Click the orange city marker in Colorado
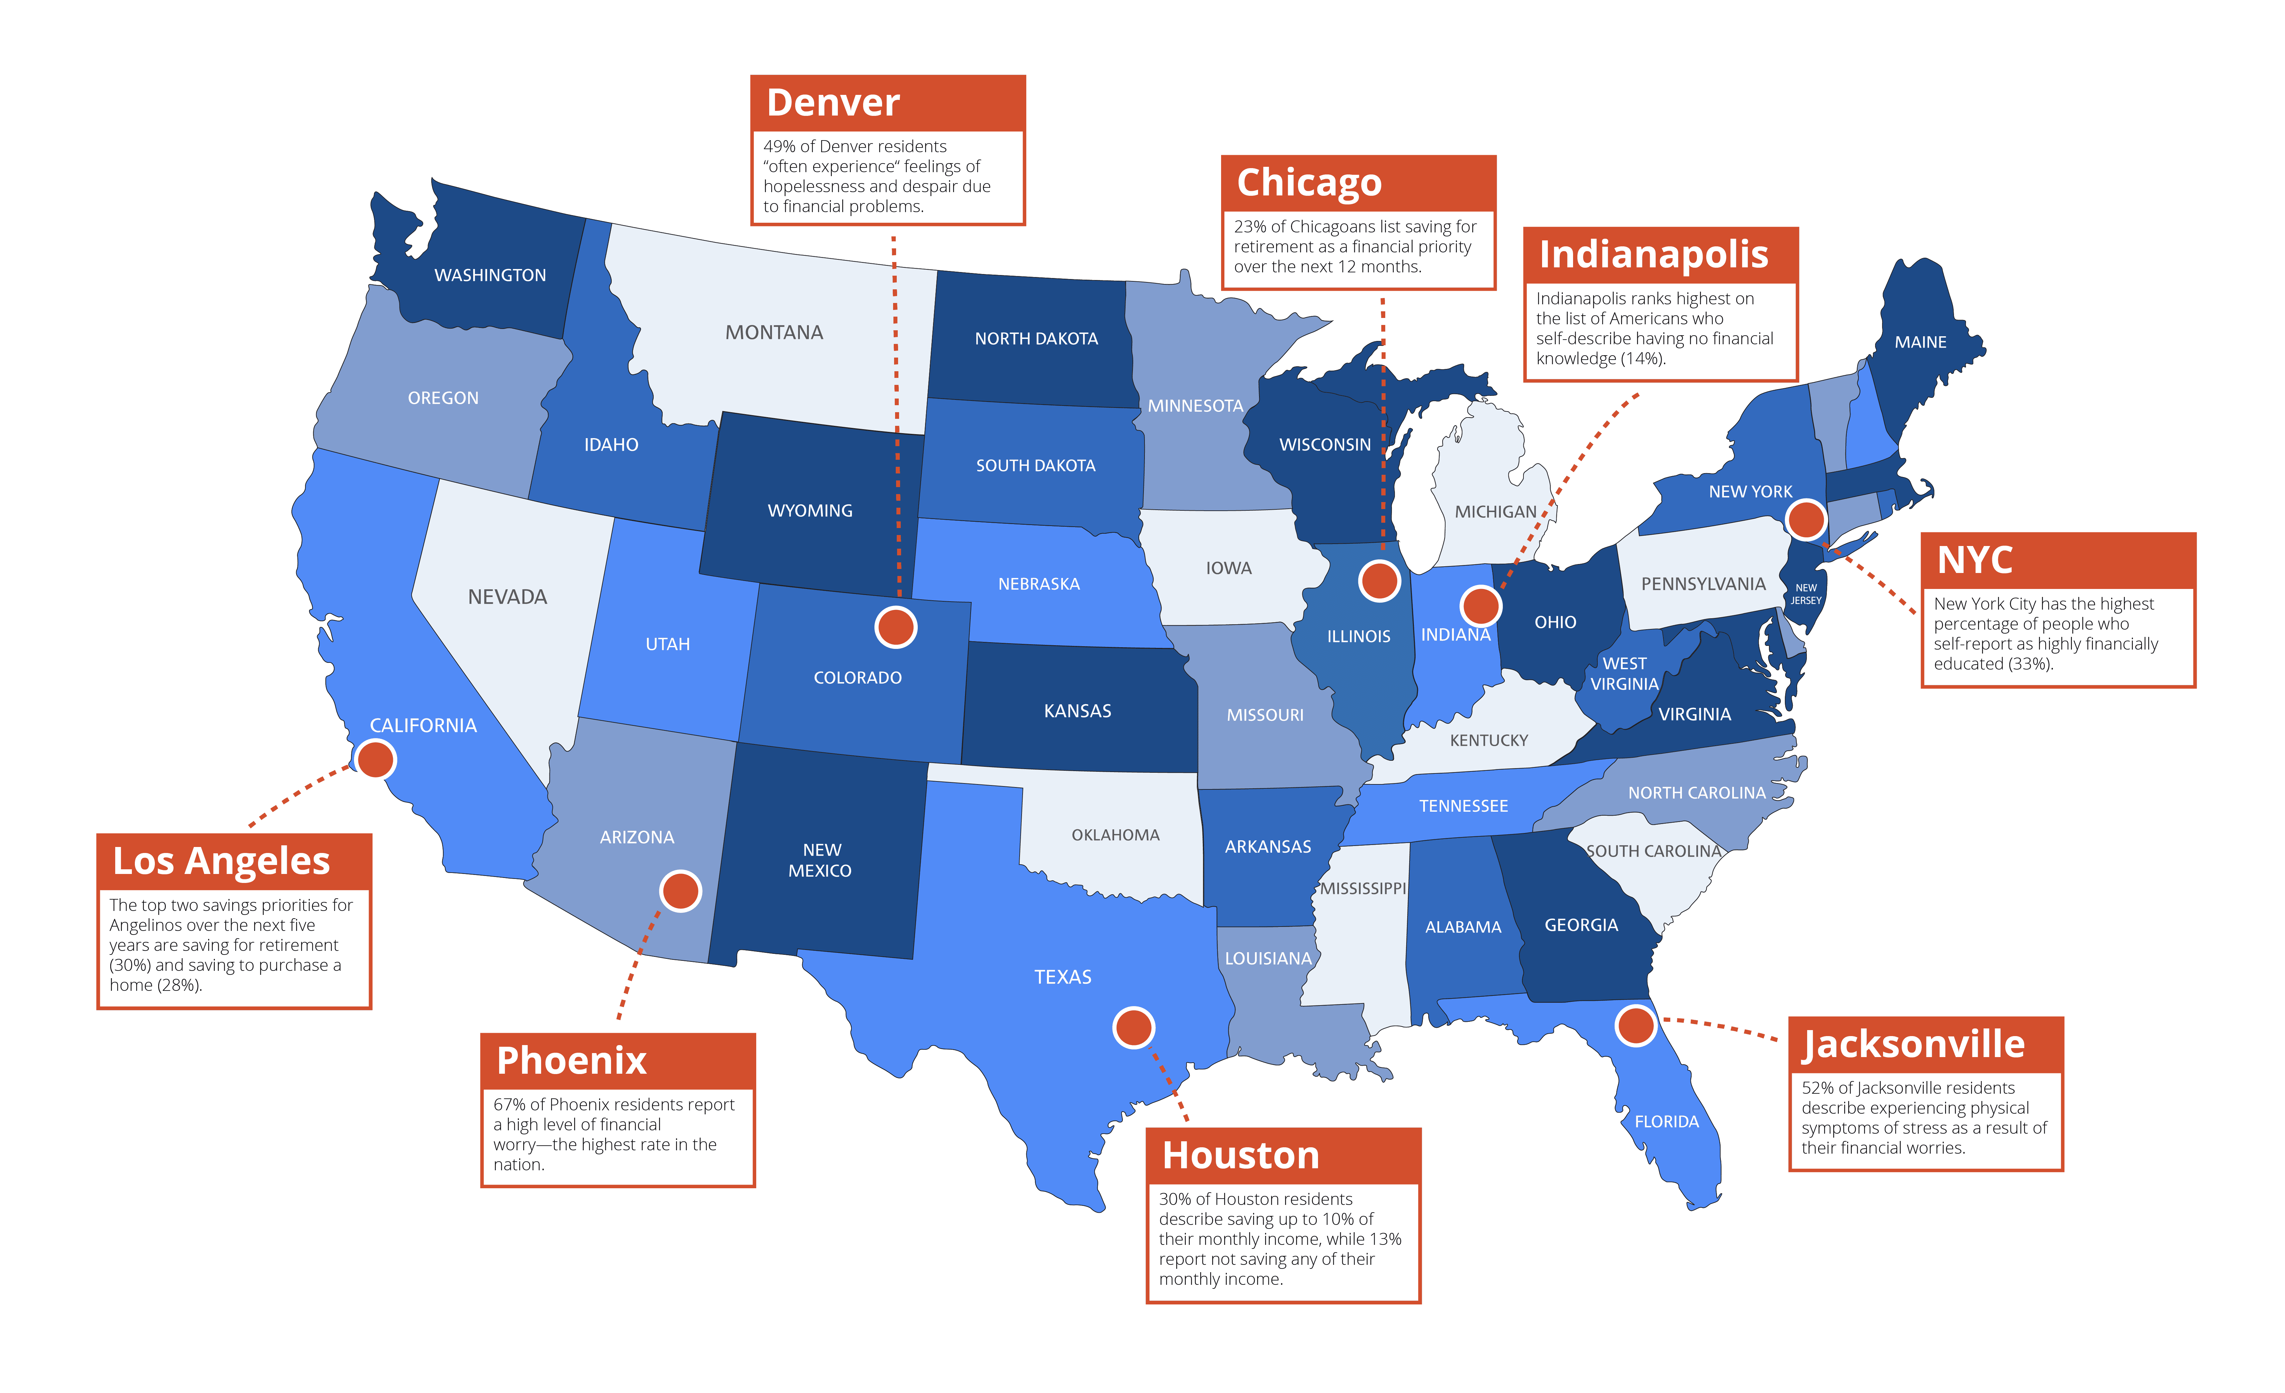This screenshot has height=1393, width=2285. (x=896, y=628)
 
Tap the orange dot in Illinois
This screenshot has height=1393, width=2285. (x=1379, y=582)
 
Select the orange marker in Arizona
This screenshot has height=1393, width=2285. (x=681, y=891)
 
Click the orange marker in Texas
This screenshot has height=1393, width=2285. (x=1133, y=1027)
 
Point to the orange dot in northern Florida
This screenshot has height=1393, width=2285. (x=1636, y=1026)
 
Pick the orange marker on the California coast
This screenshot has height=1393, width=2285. (x=376, y=759)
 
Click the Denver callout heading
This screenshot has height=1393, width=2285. (x=833, y=103)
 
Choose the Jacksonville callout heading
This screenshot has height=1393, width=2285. (x=1913, y=1044)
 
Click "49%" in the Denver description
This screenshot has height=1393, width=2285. (x=779, y=146)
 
